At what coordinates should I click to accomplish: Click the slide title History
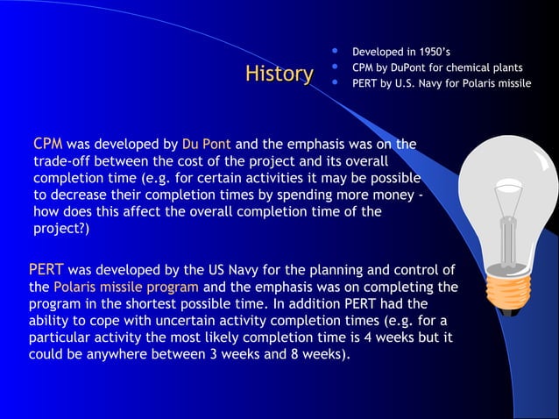[279, 75]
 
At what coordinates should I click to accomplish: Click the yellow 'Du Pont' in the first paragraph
[206, 144]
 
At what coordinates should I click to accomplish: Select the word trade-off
[64, 161]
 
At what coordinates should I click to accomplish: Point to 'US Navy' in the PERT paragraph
[234, 270]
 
